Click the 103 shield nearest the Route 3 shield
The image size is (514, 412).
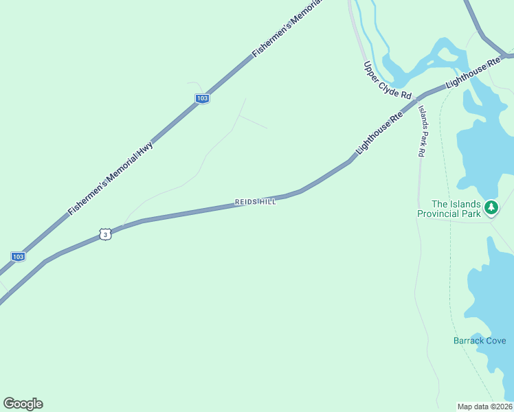pyautogui.click(x=18, y=257)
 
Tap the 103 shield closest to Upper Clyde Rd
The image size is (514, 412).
pyautogui.click(x=202, y=99)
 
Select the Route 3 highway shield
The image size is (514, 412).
pyautogui.click(x=104, y=235)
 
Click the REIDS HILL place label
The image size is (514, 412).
pyautogui.click(x=255, y=202)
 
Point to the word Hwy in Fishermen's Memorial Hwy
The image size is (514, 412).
pyautogui.click(x=146, y=152)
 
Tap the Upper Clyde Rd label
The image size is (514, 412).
pyautogui.click(x=387, y=80)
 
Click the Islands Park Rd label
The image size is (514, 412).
pyautogui.click(x=422, y=132)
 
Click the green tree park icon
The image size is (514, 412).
pyautogui.click(x=491, y=207)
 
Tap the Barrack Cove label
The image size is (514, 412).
pyautogui.click(x=480, y=341)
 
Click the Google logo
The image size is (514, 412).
pyautogui.click(x=23, y=404)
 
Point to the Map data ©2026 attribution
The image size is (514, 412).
pyautogui.click(x=484, y=406)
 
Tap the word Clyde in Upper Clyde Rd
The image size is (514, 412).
pyautogui.click(x=388, y=81)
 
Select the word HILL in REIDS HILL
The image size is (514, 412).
pyautogui.click(x=267, y=202)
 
